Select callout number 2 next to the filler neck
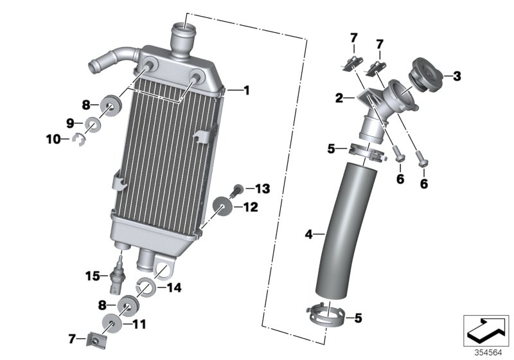point(339,98)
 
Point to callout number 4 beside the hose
point(308,235)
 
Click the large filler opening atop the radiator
point(182,28)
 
